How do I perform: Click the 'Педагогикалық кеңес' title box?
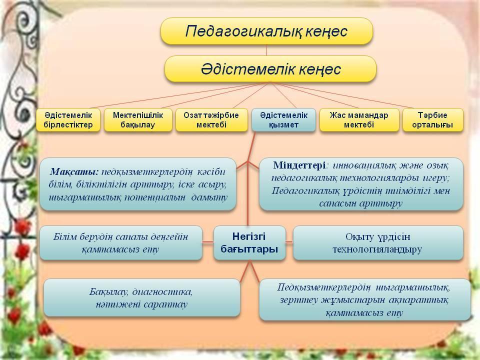[x=266, y=31]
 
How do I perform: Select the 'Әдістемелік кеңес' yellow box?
[x=270, y=69]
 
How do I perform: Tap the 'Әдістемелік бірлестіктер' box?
[x=68, y=120]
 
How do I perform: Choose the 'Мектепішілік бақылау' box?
[x=138, y=120]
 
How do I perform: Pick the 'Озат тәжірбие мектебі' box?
[x=211, y=120]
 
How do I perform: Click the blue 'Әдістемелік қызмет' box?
[x=283, y=120]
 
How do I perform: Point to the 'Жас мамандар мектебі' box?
[x=359, y=120]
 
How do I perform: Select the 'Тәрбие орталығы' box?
[x=433, y=120]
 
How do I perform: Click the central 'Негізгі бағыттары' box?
[x=249, y=243]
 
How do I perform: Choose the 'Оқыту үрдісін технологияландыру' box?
[x=378, y=243]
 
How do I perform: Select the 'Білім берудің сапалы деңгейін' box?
[x=121, y=243]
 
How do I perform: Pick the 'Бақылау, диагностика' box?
[x=142, y=297]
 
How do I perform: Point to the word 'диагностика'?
[x=164, y=291]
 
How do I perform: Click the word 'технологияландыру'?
[x=378, y=249]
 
